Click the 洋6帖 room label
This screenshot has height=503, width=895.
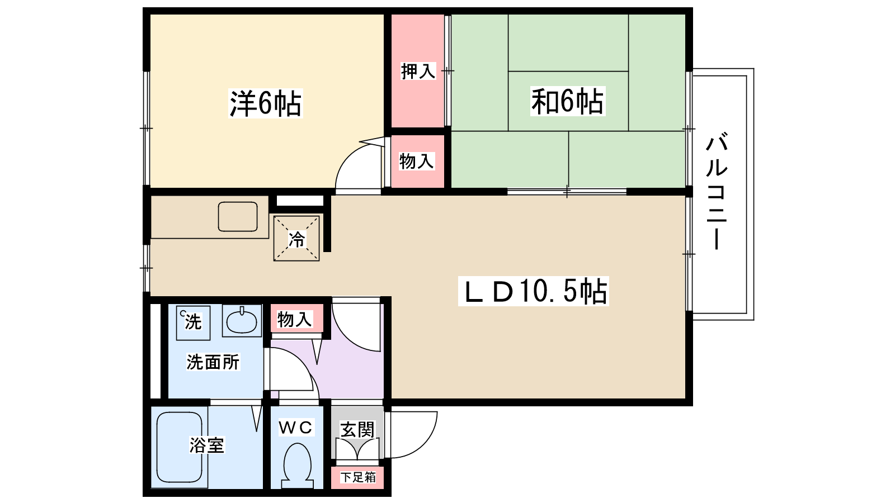click(x=265, y=103)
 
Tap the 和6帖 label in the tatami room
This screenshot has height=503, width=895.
click(x=567, y=102)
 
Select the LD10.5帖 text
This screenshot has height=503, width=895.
click(x=534, y=291)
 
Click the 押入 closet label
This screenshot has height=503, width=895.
click(x=418, y=72)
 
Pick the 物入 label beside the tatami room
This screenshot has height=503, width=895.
click(x=417, y=162)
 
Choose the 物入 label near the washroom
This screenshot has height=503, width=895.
click(x=295, y=320)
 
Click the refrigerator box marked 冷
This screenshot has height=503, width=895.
click(x=296, y=239)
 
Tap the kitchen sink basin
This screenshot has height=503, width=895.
click(x=238, y=217)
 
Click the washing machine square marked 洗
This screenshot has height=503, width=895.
click(x=193, y=322)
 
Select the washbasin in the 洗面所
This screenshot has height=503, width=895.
click(x=242, y=321)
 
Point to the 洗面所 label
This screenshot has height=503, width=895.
click(x=213, y=362)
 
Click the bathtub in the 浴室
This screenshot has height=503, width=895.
click(x=179, y=447)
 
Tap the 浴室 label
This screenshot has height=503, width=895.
click(x=206, y=445)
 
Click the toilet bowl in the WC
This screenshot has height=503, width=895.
click(x=297, y=463)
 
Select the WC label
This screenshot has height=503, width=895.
click(x=295, y=428)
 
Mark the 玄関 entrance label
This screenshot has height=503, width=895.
click(x=357, y=429)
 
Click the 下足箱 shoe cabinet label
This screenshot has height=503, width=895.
click(x=359, y=477)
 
